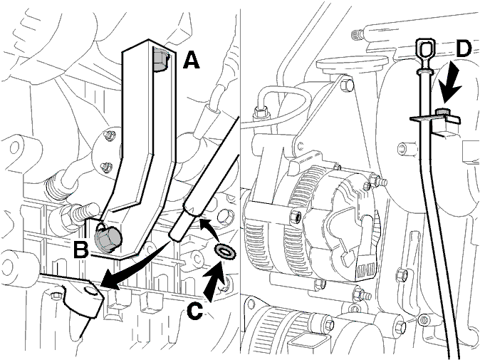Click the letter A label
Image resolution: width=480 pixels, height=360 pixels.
(192, 60)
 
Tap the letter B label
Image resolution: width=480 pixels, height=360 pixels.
(80, 249)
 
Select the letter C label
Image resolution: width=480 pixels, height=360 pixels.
(194, 312)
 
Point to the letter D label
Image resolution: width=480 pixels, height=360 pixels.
(463, 48)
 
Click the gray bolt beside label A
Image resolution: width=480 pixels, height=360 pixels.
(160, 61)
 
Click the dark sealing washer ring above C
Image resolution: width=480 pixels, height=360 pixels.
(225, 252)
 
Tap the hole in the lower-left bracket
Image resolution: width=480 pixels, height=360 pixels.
(90, 290)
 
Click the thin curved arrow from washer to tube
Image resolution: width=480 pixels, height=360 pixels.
(209, 227)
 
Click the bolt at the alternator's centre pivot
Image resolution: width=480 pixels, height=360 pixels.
(294, 217)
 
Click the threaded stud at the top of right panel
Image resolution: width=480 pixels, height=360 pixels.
(357, 33)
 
